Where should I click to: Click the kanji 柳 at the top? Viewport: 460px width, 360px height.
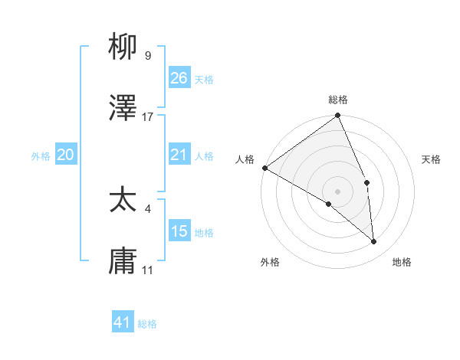(x=123, y=48)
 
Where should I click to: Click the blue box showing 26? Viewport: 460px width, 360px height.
(x=179, y=78)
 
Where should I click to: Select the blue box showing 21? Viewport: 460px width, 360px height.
(x=179, y=155)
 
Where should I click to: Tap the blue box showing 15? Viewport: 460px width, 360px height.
(x=179, y=231)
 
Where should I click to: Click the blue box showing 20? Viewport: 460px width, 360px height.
(x=65, y=155)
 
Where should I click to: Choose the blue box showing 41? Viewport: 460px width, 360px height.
(x=123, y=323)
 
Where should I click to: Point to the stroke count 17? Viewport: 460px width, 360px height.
(x=148, y=117)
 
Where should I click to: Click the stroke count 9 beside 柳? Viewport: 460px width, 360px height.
(x=147, y=56)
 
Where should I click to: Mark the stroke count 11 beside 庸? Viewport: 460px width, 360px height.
(x=148, y=270)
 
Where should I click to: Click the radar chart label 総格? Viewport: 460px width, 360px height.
(x=338, y=100)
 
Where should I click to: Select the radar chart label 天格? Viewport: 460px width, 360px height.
(x=431, y=159)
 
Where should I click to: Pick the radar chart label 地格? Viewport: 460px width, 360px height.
(x=402, y=262)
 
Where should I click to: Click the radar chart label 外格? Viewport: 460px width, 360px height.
(x=270, y=262)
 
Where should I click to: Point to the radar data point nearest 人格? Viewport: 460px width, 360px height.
(x=264, y=168)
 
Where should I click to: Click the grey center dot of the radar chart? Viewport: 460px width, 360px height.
(x=337, y=191)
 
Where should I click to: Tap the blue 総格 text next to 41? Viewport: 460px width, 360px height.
(x=147, y=324)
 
